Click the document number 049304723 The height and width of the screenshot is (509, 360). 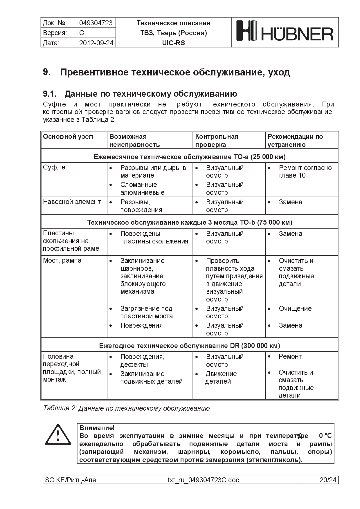pyautogui.click(x=96, y=23)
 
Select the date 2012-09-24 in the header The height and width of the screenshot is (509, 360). pyautogui.click(x=96, y=43)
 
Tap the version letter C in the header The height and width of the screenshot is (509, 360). pyautogui.click(x=82, y=33)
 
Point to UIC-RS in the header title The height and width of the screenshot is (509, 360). pyautogui.click(x=173, y=43)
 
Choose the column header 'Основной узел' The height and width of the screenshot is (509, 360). pyautogui.click(x=68, y=137)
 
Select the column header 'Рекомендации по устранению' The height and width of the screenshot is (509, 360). pyautogui.click(x=295, y=140)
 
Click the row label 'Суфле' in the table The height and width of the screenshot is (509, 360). pyautogui.click(x=54, y=167)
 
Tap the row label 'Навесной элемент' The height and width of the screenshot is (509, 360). pyautogui.click(x=72, y=202)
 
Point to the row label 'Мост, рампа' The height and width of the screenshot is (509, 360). pyautogui.click(x=62, y=261)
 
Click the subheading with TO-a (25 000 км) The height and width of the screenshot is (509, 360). pyautogui.click(x=190, y=157)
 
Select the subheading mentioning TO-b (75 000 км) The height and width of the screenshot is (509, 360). pyautogui.click(x=190, y=223)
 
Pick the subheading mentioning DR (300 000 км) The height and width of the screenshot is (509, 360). pyautogui.click(x=190, y=346)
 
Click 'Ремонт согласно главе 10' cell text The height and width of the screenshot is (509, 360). pyautogui.click(x=305, y=172)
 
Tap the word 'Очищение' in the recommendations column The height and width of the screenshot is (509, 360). pyautogui.click(x=295, y=308)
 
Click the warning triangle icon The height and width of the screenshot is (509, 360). pyautogui.click(x=58, y=435)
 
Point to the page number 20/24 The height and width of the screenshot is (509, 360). pyautogui.click(x=328, y=480)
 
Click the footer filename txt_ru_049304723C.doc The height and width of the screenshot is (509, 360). pyautogui.click(x=203, y=480)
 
